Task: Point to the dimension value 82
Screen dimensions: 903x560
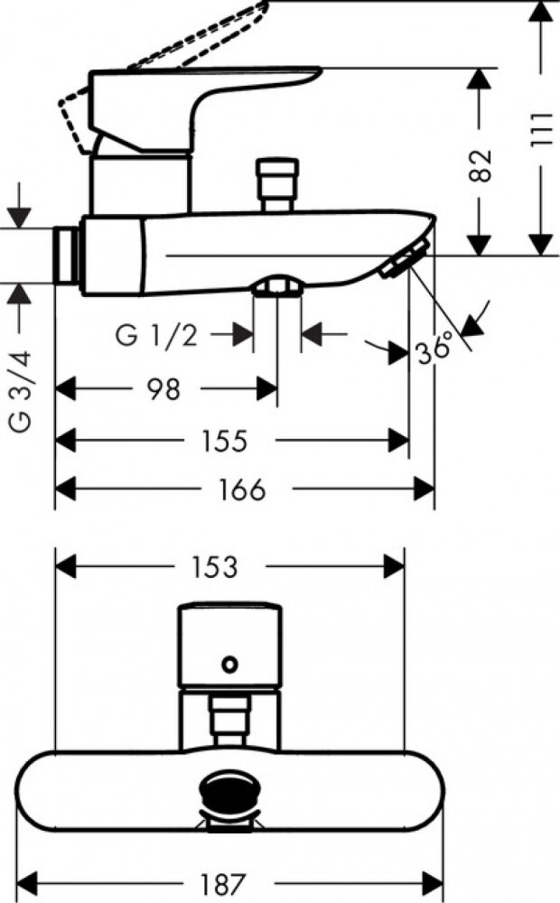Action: click(x=483, y=165)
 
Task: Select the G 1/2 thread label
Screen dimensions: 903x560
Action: click(x=156, y=335)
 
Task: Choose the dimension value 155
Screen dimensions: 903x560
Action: click(x=224, y=440)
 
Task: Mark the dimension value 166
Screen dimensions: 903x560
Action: click(x=242, y=489)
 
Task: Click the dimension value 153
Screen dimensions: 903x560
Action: click(x=215, y=567)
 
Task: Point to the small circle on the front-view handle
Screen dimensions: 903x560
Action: click(x=230, y=666)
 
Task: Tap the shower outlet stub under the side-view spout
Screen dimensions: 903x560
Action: click(x=276, y=286)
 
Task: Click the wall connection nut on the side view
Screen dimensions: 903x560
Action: click(x=67, y=256)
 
